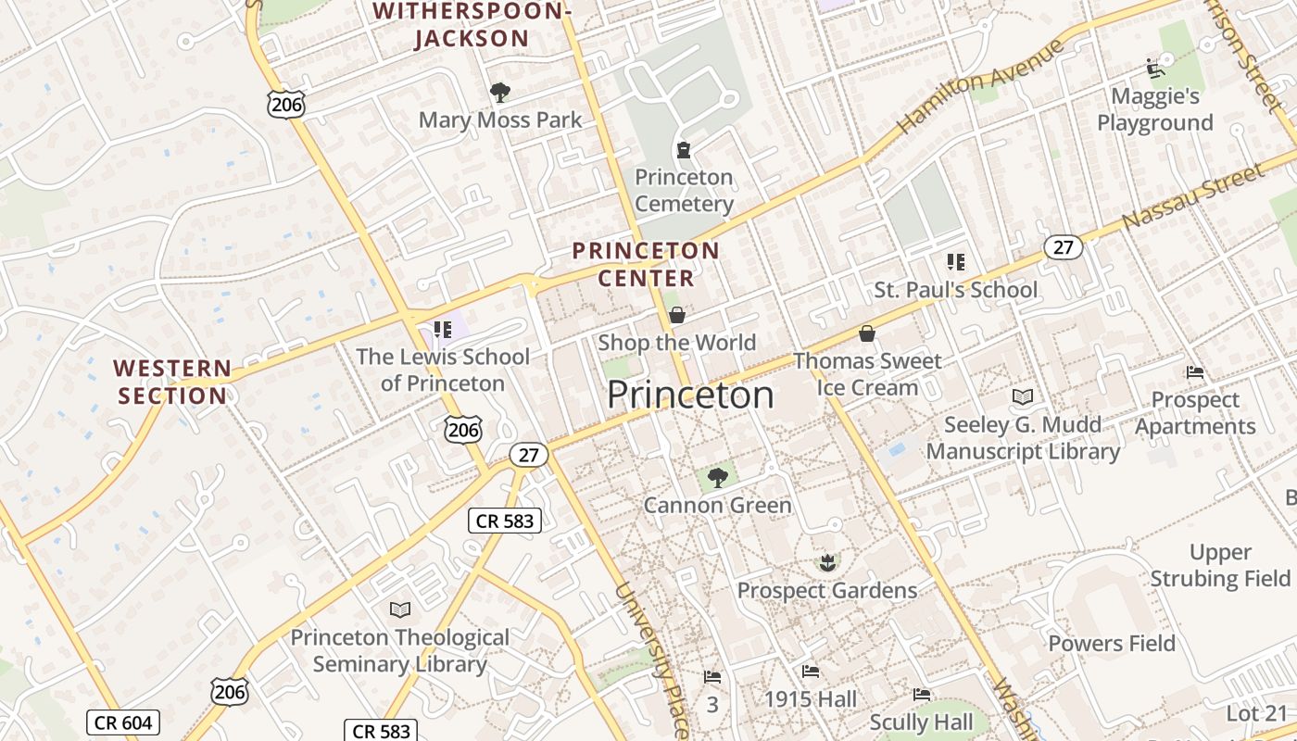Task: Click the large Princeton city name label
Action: (x=690, y=396)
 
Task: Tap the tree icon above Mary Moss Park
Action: (x=500, y=92)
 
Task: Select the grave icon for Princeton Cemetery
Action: (x=684, y=149)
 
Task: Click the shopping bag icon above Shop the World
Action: (x=677, y=315)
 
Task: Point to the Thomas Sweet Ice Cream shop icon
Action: (x=867, y=333)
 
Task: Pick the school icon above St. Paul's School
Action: (x=956, y=262)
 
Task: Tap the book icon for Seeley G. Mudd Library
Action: (x=1023, y=396)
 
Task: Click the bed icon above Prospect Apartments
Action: (x=1195, y=372)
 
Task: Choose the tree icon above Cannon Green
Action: (x=717, y=478)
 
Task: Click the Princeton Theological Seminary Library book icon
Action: (x=400, y=609)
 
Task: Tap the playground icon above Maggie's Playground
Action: (x=1154, y=69)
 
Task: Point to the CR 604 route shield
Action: (x=122, y=722)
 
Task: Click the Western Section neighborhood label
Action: (x=172, y=382)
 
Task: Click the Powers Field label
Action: (x=1112, y=643)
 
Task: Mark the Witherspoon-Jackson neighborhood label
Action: (x=470, y=25)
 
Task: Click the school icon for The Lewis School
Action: (x=443, y=329)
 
